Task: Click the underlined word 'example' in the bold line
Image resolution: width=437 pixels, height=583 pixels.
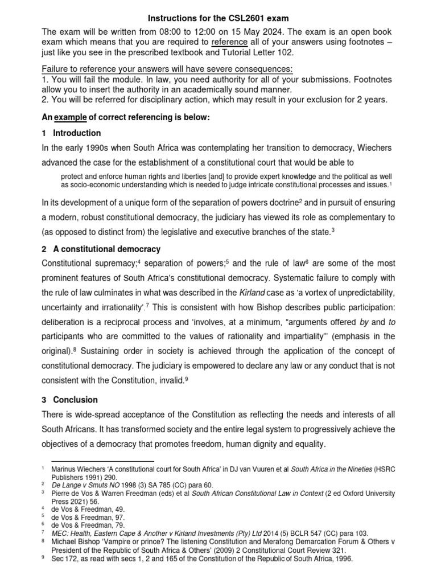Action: click(70, 117)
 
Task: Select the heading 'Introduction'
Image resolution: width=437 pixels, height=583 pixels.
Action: click(77, 133)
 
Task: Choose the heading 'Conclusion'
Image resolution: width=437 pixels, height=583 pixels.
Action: click(76, 400)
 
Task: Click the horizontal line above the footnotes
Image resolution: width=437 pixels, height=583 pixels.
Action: click(103, 461)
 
